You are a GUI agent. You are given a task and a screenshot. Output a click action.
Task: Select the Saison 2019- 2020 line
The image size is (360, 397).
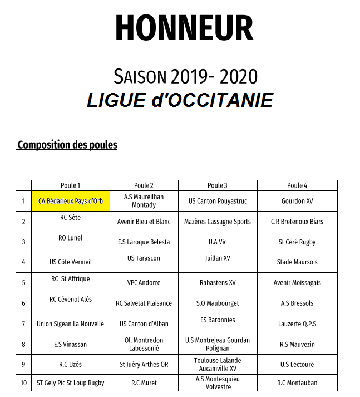click(185, 76)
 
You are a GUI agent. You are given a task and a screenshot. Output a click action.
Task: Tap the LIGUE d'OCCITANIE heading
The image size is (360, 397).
click(180, 100)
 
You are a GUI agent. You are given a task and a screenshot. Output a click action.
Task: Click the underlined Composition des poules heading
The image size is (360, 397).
click(67, 145)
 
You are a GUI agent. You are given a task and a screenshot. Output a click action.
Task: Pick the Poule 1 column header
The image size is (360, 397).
click(71, 185)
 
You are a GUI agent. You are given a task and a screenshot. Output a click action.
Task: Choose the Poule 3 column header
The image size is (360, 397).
click(218, 185)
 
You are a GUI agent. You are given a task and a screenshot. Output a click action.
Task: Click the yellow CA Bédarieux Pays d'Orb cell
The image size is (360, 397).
click(71, 201)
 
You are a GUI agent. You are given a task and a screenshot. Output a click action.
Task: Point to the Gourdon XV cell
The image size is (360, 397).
click(297, 201)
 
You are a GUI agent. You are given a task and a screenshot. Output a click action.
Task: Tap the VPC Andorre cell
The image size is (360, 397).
click(144, 283)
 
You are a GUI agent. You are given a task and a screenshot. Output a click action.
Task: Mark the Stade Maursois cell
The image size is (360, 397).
click(297, 262)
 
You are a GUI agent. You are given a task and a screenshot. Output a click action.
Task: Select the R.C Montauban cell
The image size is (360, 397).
click(297, 383)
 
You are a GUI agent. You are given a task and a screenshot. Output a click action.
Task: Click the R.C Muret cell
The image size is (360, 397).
click(144, 383)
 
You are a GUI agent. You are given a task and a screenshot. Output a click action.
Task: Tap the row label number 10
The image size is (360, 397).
click(23, 383)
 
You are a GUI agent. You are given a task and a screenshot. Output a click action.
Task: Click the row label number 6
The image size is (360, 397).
click(23, 303)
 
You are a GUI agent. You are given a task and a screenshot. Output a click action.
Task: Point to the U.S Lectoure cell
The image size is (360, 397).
click(297, 365)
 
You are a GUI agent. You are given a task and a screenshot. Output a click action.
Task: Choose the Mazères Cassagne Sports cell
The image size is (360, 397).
click(218, 222)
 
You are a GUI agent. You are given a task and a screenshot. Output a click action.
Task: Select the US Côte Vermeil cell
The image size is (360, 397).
click(71, 262)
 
